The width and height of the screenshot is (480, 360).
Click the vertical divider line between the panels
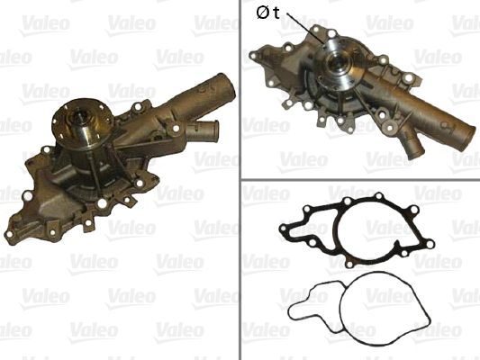click(x=240, y=180)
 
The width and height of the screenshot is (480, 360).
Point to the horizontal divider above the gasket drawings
click(x=360, y=178)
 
